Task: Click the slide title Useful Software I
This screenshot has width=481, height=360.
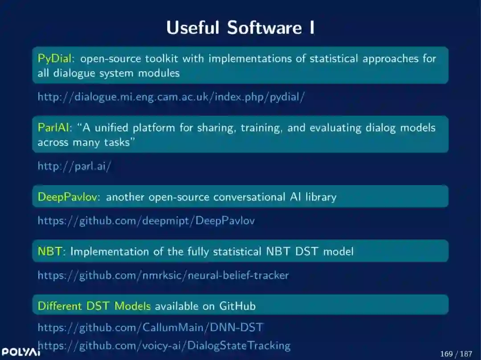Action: [x=240, y=28]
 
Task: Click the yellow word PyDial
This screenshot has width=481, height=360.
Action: [x=55, y=58]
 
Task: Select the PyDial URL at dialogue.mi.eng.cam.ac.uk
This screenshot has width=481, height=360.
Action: [x=171, y=97]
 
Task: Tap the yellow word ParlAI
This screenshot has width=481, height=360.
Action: [x=53, y=128]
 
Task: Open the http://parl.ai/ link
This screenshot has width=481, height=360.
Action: [x=74, y=166]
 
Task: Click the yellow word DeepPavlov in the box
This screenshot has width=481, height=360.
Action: [x=67, y=197]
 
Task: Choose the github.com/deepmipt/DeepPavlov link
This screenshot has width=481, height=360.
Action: [x=146, y=220]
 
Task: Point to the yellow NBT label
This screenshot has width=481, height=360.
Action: [x=49, y=251]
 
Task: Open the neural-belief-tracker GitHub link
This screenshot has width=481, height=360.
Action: [x=163, y=275]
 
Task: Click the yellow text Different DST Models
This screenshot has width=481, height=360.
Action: [x=94, y=306]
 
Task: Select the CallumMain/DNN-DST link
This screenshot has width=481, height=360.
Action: [x=151, y=328]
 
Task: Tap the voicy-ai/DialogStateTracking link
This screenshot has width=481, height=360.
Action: [x=164, y=345]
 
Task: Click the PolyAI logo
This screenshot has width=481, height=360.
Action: [x=20, y=352]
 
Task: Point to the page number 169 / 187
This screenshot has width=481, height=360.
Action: [x=456, y=354]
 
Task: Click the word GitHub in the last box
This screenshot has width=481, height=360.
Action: [x=237, y=306]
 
